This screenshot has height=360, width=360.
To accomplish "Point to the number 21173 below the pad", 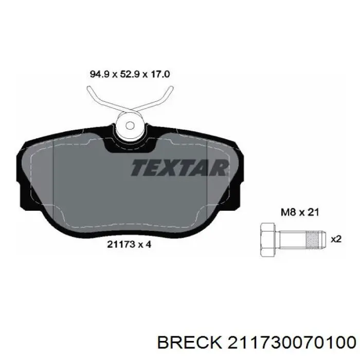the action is (121, 244).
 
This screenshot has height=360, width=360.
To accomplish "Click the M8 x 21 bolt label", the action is (300, 212).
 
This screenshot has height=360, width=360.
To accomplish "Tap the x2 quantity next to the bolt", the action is (336, 240).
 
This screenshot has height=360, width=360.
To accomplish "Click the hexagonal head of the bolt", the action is (267, 239).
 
